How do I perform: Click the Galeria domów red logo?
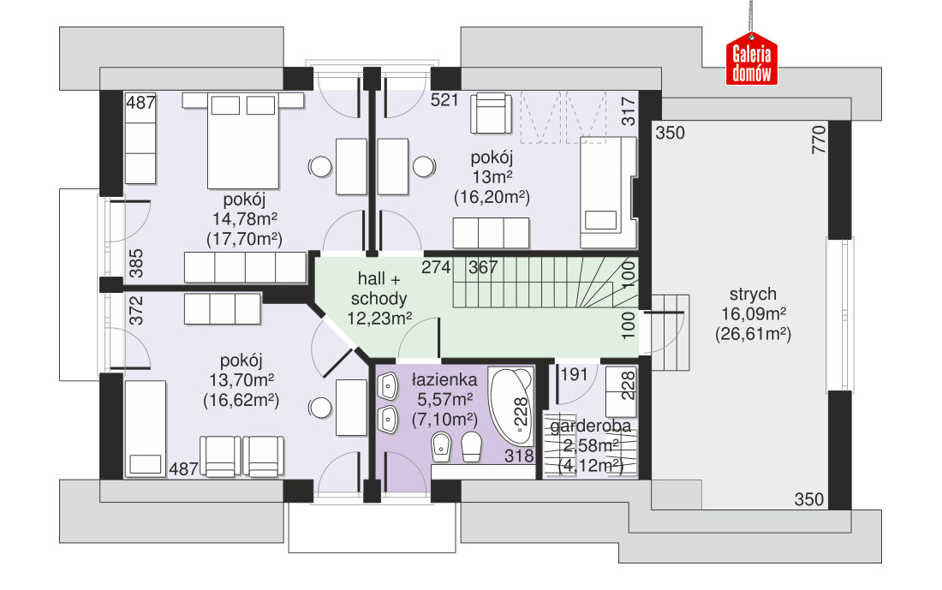752,59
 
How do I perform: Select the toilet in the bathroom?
472,447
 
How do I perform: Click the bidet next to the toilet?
442,447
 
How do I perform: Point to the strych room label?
753,295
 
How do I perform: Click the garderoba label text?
591,426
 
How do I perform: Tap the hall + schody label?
379,289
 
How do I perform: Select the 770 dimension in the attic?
818,140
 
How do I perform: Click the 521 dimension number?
444,99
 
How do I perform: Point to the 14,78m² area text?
245,218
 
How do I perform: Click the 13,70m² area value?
241,380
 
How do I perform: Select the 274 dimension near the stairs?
436,267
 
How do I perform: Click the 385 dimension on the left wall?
136,263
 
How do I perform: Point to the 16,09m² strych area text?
754,313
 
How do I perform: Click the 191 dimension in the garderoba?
574,374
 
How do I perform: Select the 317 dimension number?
628,111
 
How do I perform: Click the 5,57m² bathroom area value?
444,399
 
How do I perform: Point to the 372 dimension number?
136,310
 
